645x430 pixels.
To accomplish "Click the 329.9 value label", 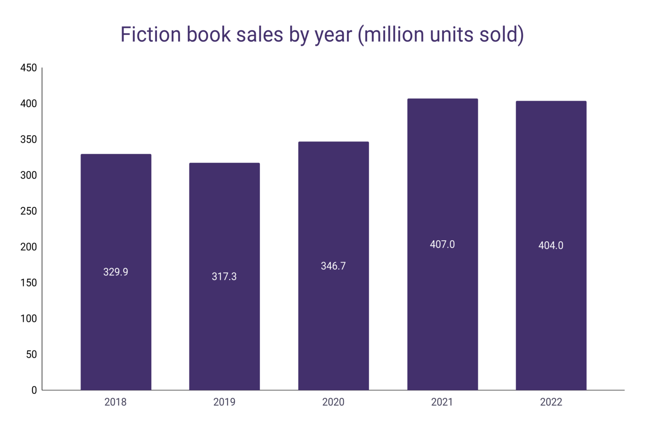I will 116,272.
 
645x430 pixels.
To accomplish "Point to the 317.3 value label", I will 224,276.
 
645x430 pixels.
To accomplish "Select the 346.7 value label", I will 333,266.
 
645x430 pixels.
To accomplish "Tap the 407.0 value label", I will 442,244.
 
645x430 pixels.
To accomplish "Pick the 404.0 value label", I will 551,246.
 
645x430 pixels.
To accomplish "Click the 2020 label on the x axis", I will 333,402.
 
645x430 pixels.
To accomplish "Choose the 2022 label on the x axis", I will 551,402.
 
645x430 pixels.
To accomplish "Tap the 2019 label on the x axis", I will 224,402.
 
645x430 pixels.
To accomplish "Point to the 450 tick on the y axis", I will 29,68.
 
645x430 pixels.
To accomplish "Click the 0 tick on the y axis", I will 34,390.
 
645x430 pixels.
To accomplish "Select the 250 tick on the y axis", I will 29,211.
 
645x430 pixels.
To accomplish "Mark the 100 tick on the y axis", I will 29,319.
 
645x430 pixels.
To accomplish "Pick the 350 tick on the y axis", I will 29,139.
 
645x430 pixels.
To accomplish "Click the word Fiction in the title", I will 151,34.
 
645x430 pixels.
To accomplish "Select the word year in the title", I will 333,34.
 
